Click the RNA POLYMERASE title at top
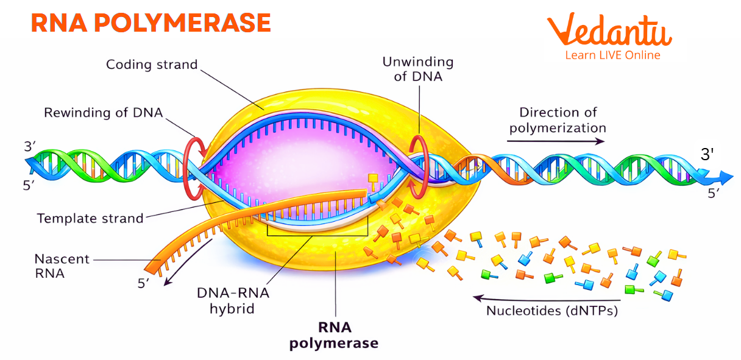pos(151,23)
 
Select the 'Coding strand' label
pos(152,64)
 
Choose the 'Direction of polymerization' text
pos(558,120)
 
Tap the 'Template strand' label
pos(90,217)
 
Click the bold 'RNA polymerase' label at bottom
pos(333,335)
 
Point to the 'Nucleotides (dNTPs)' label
pos(552,311)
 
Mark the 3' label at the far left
pos(30,147)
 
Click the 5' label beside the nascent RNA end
pos(144,284)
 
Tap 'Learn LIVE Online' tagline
pos(612,55)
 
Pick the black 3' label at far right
pos(707,155)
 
